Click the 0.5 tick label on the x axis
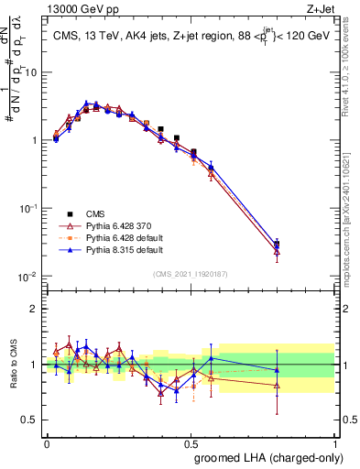coord(190,442)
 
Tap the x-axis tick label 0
coord(47,442)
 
